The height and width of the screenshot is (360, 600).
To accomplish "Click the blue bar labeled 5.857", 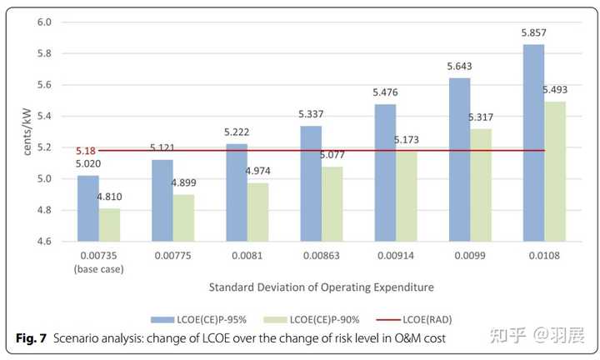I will (x=533, y=142).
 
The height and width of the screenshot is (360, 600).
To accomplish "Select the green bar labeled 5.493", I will (x=555, y=171).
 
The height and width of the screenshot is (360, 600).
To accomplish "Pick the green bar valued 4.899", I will (x=183, y=217).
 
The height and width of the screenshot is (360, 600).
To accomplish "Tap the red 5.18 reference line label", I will (x=86, y=151).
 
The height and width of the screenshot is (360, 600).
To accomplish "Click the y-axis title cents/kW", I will (x=27, y=132).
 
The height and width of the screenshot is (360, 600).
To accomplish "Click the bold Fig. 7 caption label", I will (x=32, y=338).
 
